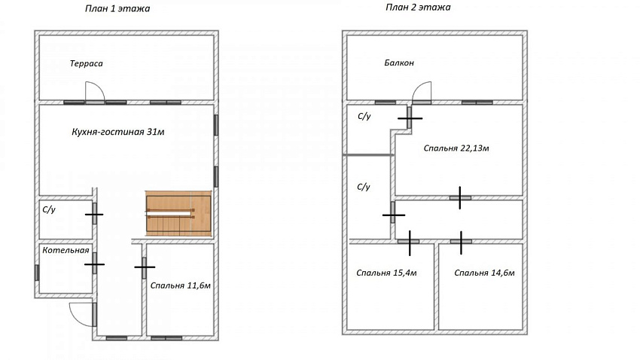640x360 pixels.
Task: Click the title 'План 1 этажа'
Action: point(117,8)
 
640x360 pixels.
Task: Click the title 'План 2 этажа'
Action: point(418,8)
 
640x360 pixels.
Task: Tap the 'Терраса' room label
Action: point(86,63)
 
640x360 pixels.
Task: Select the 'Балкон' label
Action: point(399,63)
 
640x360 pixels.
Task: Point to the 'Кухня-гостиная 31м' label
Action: point(118,132)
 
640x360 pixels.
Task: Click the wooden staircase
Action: point(178,213)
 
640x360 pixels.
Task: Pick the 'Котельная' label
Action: point(66,250)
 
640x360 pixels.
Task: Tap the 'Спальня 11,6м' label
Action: point(181,285)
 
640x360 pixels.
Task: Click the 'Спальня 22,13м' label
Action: point(456,148)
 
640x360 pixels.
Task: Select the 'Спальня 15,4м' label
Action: point(386,273)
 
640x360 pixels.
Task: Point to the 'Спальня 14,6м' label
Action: point(484,273)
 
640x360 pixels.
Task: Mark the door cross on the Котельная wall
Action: point(94,264)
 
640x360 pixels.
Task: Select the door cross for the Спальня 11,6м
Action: point(145,267)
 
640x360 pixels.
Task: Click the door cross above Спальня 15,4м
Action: point(410,242)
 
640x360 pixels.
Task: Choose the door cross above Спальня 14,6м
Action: point(461,242)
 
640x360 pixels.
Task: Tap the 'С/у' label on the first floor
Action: point(49,210)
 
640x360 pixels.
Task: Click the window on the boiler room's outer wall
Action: point(37,273)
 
